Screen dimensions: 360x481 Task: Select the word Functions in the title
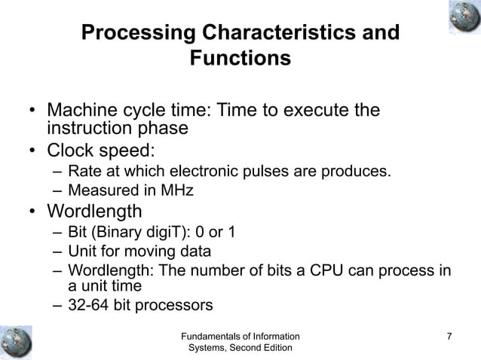click(x=240, y=58)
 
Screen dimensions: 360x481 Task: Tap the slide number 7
click(x=449, y=336)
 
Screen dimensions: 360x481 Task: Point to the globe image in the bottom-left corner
click(x=17, y=340)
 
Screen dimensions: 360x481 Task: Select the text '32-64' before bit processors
click(x=89, y=305)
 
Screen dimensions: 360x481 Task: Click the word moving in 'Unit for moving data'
click(x=149, y=250)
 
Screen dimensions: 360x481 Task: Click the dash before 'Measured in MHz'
click(x=57, y=191)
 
